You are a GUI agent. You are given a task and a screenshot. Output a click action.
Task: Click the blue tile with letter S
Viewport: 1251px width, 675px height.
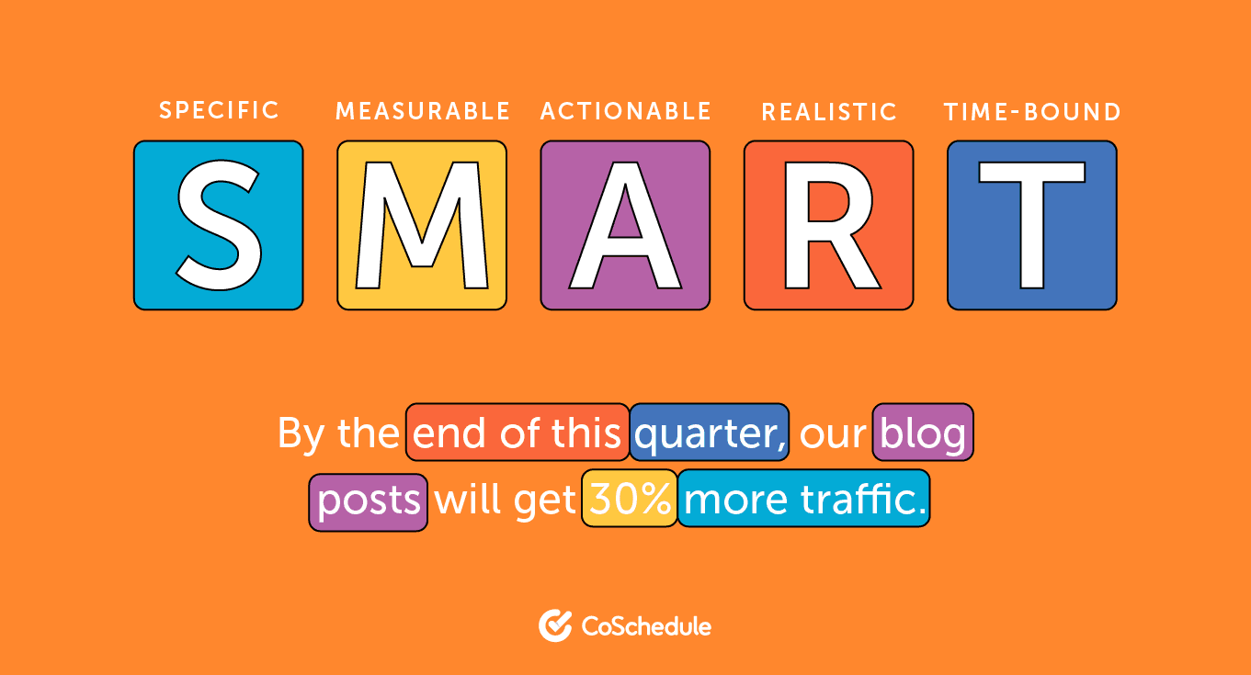pyautogui.click(x=218, y=225)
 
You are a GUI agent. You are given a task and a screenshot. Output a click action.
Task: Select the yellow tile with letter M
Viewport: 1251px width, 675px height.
pyautogui.click(x=422, y=225)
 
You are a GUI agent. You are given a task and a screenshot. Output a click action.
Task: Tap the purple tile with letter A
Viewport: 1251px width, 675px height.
pyautogui.click(x=625, y=225)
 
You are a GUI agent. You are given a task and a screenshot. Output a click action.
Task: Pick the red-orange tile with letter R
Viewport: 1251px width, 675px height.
pyautogui.click(x=828, y=225)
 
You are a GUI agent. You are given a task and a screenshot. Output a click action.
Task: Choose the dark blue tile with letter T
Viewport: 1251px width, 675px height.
pyautogui.click(x=1031, y=225)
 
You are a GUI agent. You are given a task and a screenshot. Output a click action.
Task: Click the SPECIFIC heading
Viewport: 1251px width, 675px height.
pyautogui.click(x=219, y=111)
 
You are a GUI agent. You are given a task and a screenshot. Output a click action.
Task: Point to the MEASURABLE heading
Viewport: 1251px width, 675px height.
pyautogui.click(x=423, y=112)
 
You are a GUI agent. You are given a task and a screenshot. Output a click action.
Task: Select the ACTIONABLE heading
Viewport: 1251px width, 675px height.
pyautogui.click(x=626, y=112)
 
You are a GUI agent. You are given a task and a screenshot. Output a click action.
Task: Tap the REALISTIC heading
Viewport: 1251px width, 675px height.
pyautogui.click(x=829, y=112)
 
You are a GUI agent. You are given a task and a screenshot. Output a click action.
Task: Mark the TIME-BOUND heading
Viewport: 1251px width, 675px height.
pyautogui.click(x=1032, y=112)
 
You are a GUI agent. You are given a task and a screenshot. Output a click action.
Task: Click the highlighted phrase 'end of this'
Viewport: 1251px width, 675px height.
pyautogui.click(x=517, y=433)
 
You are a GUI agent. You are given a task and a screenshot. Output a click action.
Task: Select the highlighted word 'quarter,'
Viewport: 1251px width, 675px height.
pyautogui.click(x=710, y=433)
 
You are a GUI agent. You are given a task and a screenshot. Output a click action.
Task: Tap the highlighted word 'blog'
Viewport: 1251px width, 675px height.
pyautogui.click(x=923, y=433)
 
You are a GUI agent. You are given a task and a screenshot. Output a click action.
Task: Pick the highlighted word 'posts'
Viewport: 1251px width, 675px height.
pyautogui.click(x=369, y=501)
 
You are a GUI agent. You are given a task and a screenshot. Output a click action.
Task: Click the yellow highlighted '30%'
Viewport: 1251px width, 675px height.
pyautogui.click(x=630, y=500)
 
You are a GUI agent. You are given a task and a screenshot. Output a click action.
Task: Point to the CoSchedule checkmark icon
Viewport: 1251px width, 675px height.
pyautogui.click(x=555, y=625)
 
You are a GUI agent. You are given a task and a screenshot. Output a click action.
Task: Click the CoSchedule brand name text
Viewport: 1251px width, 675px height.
pyautogui.click(x=646, y=626)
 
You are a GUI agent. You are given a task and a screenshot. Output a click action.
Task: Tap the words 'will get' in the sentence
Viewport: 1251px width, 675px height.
pyautogui.click(x=505, y=501)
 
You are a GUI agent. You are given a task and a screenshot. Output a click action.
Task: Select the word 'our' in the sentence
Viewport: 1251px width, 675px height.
pyautogui.click(x=832, y=434)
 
